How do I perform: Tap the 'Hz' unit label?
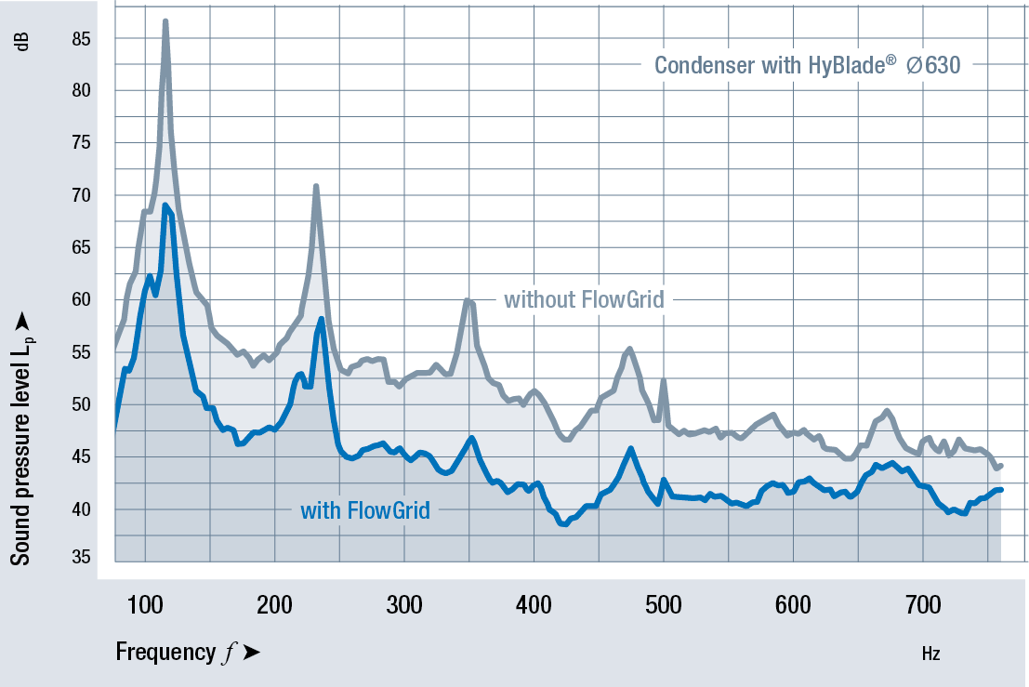pos(930,654)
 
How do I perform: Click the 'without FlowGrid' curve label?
pos(584,300)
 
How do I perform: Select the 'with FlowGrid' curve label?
pos(365,510)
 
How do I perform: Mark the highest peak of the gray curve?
pos(165,21)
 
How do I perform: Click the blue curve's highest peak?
pos(165,205)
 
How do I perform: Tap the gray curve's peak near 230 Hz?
pos(316,187)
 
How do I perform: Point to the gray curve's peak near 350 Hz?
pos(468,299)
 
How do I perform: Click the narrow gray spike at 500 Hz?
pos(663,380)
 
